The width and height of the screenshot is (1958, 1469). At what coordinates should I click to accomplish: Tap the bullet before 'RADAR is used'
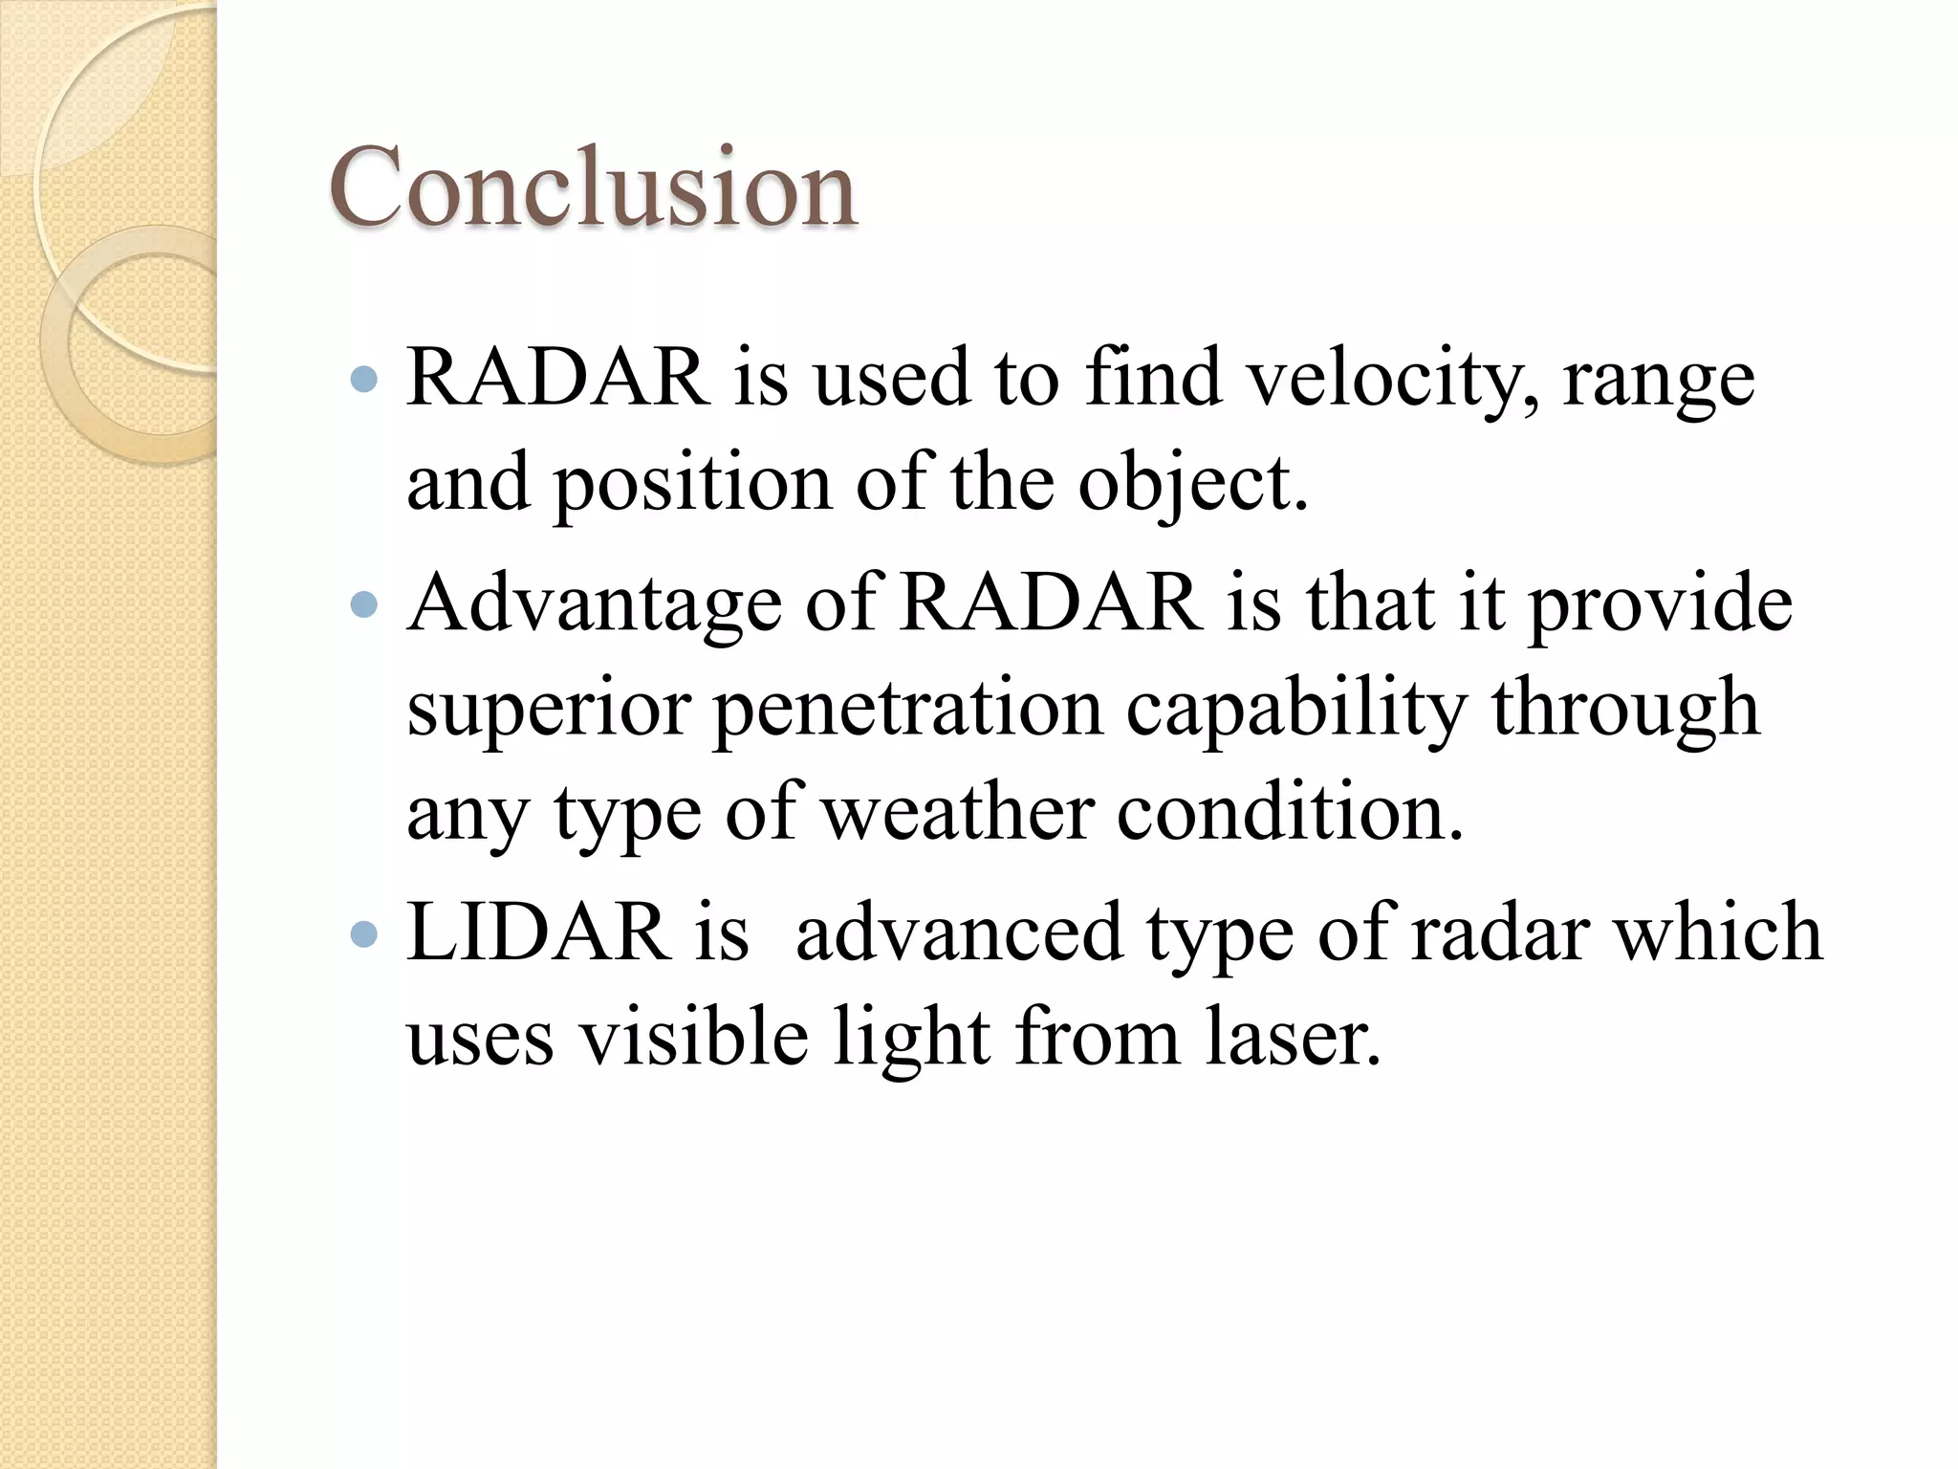[x=364, y=381]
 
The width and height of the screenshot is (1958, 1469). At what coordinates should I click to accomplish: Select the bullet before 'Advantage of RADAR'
[x=364, y=604]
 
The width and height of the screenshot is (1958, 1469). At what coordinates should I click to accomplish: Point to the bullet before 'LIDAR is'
[x=364, y=933]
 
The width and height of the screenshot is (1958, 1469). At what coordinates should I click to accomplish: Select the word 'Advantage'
[x=595, y=606]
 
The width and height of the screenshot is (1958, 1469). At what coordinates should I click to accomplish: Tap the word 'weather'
[x=958, y=813]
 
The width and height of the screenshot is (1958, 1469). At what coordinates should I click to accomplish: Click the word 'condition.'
[x=1290, y=813]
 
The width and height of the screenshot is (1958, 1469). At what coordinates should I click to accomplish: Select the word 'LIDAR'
[x=539, y=933]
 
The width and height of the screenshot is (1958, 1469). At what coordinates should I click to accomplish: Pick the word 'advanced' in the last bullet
[x=959, y=933]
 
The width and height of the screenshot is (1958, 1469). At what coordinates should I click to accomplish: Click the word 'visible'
[x=695, y=1039]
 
